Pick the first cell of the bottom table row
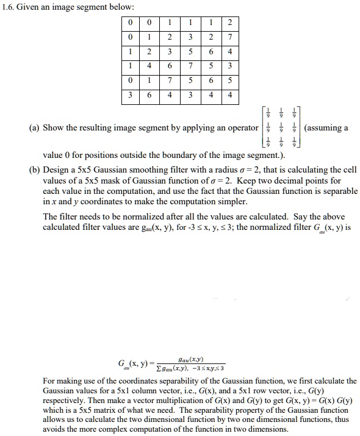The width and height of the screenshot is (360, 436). coord(131,95)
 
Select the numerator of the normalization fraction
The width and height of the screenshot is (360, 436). coord(193,360)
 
